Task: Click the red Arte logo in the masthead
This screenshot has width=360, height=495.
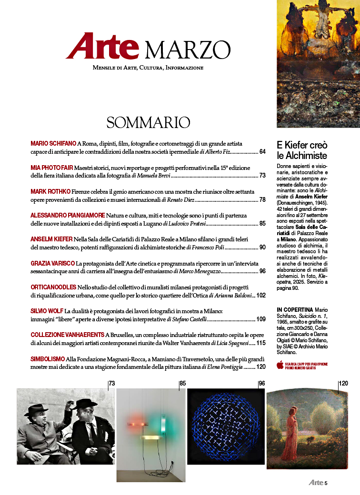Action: click(102, 47)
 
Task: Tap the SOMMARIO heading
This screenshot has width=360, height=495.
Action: click(148, 122)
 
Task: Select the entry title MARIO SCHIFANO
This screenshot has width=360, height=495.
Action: click(53, 143)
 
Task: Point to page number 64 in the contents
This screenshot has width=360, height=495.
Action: click(262, 152)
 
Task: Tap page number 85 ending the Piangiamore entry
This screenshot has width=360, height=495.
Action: click(262, 223)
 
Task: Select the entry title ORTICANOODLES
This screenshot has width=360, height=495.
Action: click(53, 287)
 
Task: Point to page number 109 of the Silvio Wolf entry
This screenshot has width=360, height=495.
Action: click(261, 319)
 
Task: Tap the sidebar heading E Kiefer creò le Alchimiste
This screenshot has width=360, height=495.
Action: click(302, 150)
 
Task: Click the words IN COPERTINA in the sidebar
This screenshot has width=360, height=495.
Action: click(294, 309)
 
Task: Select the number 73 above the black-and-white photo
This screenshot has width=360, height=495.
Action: click(112, 384)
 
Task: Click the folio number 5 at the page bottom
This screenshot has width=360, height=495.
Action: click(326, 483)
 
